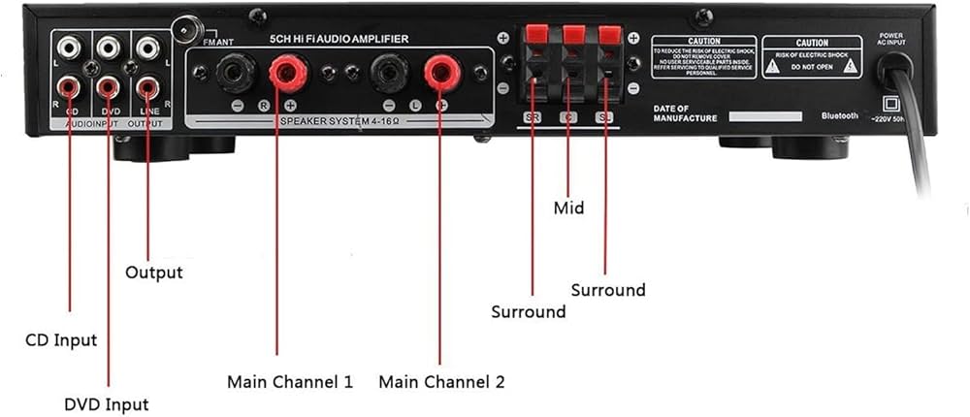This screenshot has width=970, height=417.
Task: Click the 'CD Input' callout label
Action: pos(60,340)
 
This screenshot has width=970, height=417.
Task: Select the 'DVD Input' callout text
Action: pos(107,403)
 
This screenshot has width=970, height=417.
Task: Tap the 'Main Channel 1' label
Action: pos(290,381)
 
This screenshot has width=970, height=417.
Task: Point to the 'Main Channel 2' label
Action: pos(441,381)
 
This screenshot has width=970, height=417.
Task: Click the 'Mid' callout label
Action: pos(568,208)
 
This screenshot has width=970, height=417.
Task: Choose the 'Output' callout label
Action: pos(154,273)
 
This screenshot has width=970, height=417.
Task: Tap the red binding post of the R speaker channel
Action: pos(287,71)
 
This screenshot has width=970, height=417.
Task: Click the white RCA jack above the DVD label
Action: pos(108,46)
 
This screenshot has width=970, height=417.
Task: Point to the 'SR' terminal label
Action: pos(532,118)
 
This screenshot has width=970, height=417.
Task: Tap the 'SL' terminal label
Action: pos(606,118)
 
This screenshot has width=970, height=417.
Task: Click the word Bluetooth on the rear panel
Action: pos(840,115)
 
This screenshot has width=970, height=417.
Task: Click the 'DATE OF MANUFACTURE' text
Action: pos(685,113)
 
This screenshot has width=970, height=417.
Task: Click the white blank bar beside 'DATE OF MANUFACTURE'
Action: pos(765,116)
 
